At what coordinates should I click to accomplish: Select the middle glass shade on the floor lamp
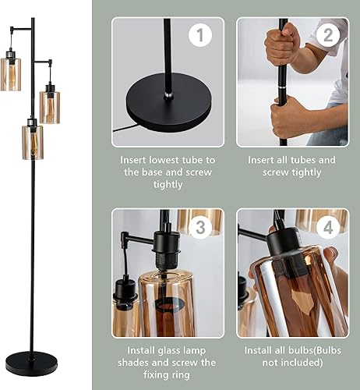(x=50, y=106)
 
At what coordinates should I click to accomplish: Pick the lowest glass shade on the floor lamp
(x=32, y=141)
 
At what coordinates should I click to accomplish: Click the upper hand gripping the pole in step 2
(x=283, y=48)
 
